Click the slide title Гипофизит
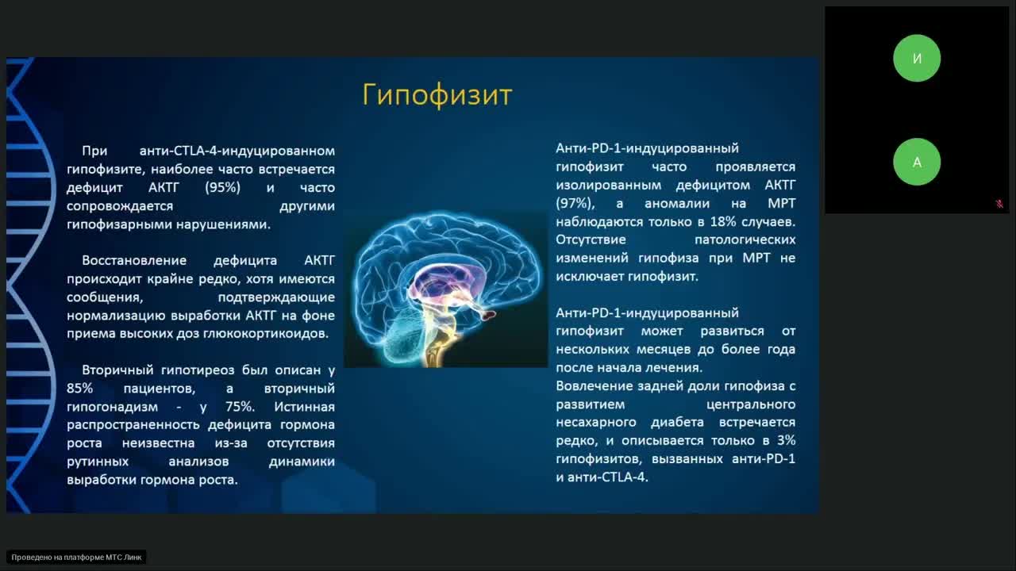(x=437, y=94)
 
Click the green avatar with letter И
(x=917, y=58)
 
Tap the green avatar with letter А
(x=917, y=162)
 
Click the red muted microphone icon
(x=999, y=204)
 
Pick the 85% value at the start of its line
(x=80, y=389)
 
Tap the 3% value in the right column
(x=786, y=440)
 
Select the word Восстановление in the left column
(x=134, y=260)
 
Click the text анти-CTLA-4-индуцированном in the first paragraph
(x=237, y=151)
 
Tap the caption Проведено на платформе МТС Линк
(x=76, y=558)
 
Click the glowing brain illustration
(x=444, y=278)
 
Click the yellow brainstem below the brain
(x=435, y=349)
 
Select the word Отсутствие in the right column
(x=591, y=240)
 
